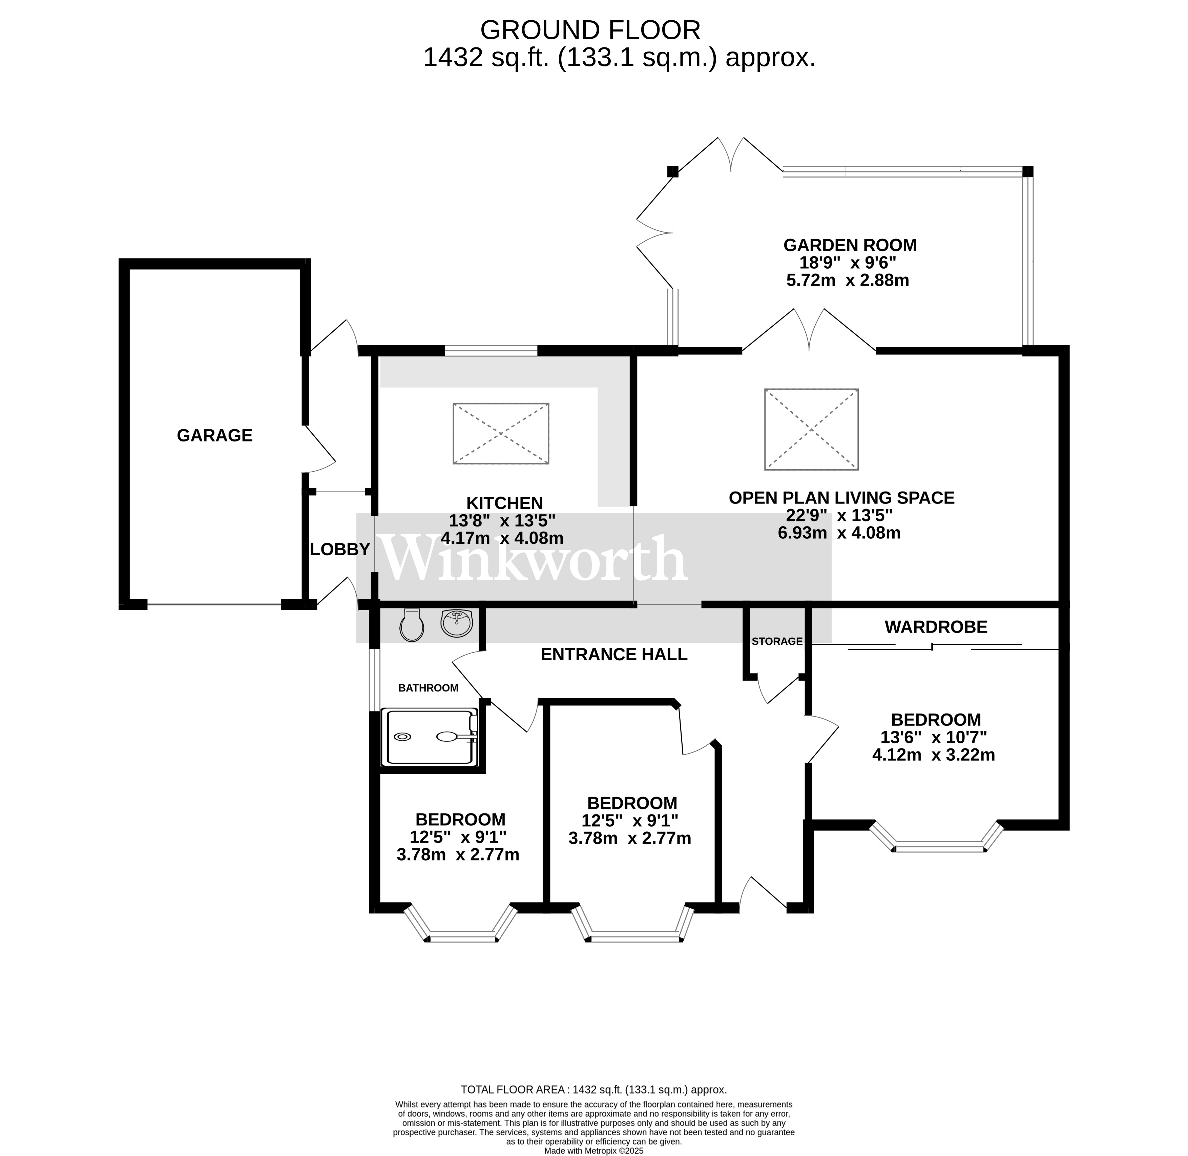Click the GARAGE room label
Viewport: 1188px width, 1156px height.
[214, 435]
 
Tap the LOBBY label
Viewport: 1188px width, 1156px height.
[340, 550]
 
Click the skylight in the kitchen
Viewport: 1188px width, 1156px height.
[501, 434]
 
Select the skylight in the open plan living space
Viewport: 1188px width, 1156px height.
[811, 429]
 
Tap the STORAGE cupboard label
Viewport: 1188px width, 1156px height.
[777, 641]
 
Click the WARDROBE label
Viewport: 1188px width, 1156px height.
[936, 627]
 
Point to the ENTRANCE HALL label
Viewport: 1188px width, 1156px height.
[614, 655]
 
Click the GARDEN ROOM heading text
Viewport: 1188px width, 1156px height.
[850, 245]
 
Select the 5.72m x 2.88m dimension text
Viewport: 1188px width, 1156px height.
[848, 281]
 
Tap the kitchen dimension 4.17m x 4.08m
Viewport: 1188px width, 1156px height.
[502, 538]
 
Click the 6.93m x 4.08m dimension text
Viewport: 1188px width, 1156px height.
[839, 533]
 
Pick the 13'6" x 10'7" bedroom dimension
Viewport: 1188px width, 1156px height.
[934, 737]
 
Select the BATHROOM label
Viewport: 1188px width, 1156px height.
[428, 688]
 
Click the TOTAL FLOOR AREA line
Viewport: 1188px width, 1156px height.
[594, 1090]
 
